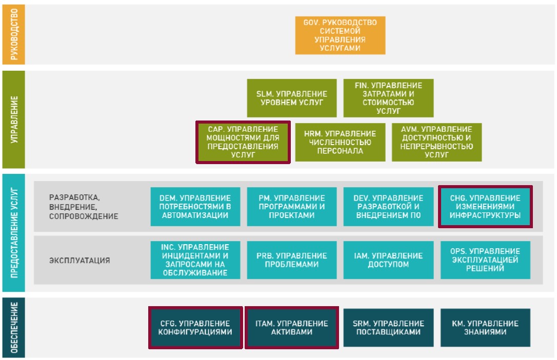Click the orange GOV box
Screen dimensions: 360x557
pos(340,35)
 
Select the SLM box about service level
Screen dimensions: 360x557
pos(291,98)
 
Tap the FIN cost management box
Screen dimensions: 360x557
pos(388,98)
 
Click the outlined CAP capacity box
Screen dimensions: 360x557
pos(243,142)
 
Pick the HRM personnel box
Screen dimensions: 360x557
pos(340,142)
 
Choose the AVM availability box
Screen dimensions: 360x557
pos(436,142)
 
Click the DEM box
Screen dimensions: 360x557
pos(195,207)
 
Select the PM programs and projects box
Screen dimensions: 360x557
pos(291,207)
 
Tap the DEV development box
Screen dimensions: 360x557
pos(388,207)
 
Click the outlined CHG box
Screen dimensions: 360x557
pos(485,207)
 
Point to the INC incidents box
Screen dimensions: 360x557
pos(195,260)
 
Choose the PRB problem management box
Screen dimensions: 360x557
pos(291,260)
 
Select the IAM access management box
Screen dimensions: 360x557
pos(388,260)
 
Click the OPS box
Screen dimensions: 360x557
pos(485,260)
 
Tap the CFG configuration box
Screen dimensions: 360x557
pos(195,328)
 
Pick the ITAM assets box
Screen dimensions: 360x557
pos(291,328)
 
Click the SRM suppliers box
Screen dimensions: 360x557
pos(388,328)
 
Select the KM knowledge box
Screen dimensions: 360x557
pos(485,328)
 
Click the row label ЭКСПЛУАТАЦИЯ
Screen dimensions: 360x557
pos(79,261)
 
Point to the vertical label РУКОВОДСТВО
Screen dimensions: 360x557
pos(14,34)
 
